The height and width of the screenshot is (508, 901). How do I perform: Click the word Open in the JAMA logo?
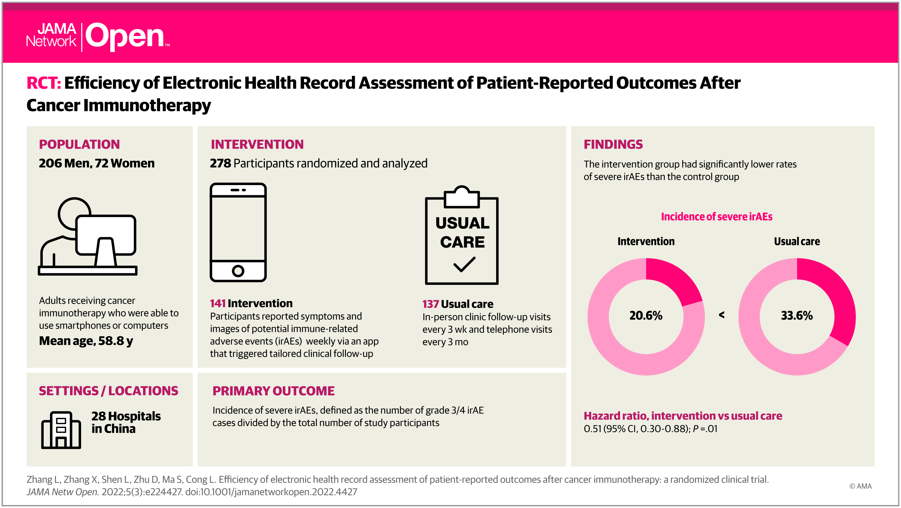125,36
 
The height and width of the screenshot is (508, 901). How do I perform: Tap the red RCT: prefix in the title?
44,83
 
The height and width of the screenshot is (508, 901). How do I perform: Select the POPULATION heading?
79,144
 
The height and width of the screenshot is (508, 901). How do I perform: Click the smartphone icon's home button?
238,271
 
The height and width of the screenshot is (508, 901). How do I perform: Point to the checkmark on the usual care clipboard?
464,265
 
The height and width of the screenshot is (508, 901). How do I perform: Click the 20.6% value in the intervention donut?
646,315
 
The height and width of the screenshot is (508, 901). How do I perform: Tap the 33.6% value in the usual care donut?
797,315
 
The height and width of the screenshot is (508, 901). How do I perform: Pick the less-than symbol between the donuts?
721,315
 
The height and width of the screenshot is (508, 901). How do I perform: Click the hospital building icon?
61,430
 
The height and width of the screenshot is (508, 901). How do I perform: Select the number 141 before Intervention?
218,303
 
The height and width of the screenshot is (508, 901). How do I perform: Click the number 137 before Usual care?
430,304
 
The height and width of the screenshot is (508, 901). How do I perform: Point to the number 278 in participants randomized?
220,163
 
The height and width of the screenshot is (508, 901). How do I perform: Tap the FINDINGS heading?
613,144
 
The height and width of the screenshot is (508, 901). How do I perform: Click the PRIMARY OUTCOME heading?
274,391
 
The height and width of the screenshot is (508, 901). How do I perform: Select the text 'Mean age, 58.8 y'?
86,341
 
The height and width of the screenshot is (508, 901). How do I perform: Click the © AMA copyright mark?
860,486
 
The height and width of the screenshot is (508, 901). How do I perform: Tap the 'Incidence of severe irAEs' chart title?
717,216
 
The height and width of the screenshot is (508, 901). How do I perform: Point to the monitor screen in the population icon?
106,234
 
